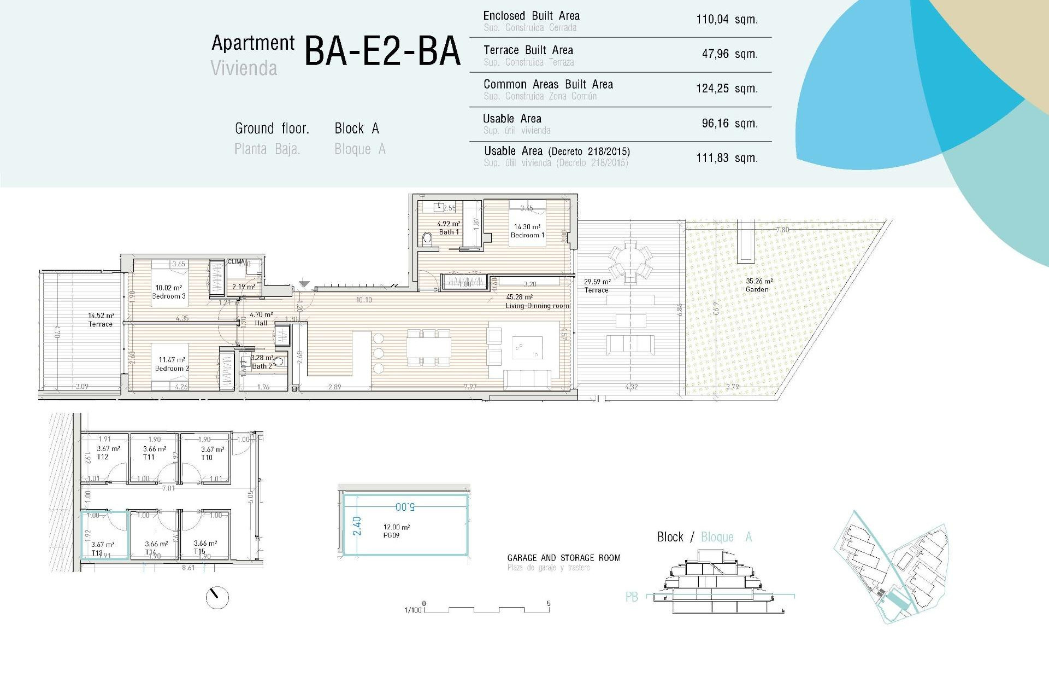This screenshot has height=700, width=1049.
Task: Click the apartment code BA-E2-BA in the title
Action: coord(382,51)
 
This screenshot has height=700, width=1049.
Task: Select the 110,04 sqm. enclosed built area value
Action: coord(727,20)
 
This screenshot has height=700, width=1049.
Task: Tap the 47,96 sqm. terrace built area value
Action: coord(729,54)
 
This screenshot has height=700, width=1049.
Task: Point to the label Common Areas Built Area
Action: coord(548,84)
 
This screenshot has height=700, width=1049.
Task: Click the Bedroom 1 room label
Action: coord(527,231)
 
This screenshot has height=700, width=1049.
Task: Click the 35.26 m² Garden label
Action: coord(758,285)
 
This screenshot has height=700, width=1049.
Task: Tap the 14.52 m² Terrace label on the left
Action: coord(101,320)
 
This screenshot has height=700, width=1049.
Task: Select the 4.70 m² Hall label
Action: coord(261,319)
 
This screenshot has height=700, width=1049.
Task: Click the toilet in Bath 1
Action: coord(428,238)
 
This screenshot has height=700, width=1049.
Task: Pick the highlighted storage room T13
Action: coord(105,535)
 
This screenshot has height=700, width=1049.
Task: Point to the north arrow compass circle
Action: coord(217,598)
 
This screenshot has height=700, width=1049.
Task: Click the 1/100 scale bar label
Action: coord(413,610)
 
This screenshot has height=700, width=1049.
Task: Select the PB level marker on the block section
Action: coord(632,597)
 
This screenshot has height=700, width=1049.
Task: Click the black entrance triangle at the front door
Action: coord(304,284)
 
